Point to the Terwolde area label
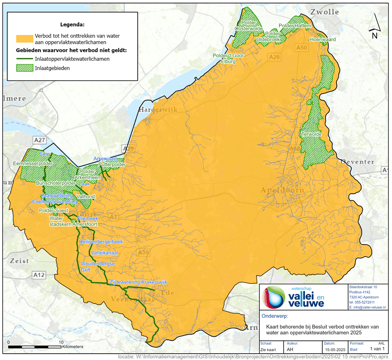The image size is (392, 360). click(311, 134)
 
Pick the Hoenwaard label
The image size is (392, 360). click(323, 40)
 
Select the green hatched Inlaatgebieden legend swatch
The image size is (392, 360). click(24, 68)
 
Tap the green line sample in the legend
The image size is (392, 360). click(24, 59)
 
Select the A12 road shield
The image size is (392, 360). click(39, 275)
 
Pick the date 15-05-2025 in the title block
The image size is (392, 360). click(323, 350)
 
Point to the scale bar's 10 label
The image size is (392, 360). click(61, 342)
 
